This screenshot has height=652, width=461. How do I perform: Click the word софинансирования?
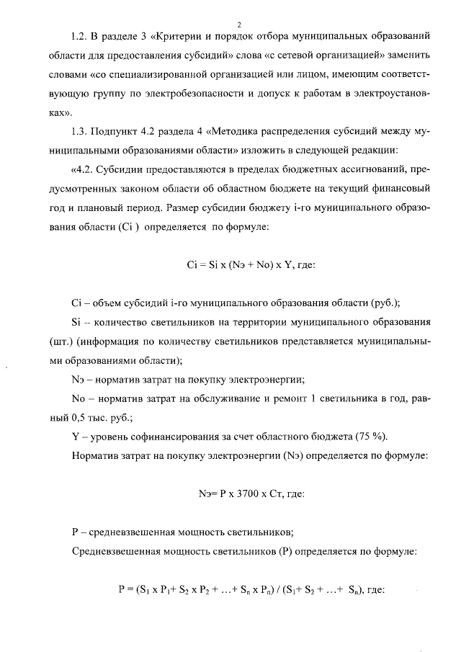tap(171, 436)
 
